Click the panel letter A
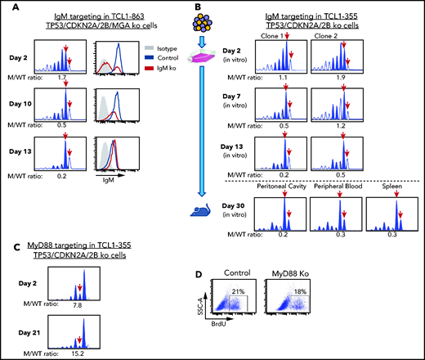(x=7, y=8)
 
